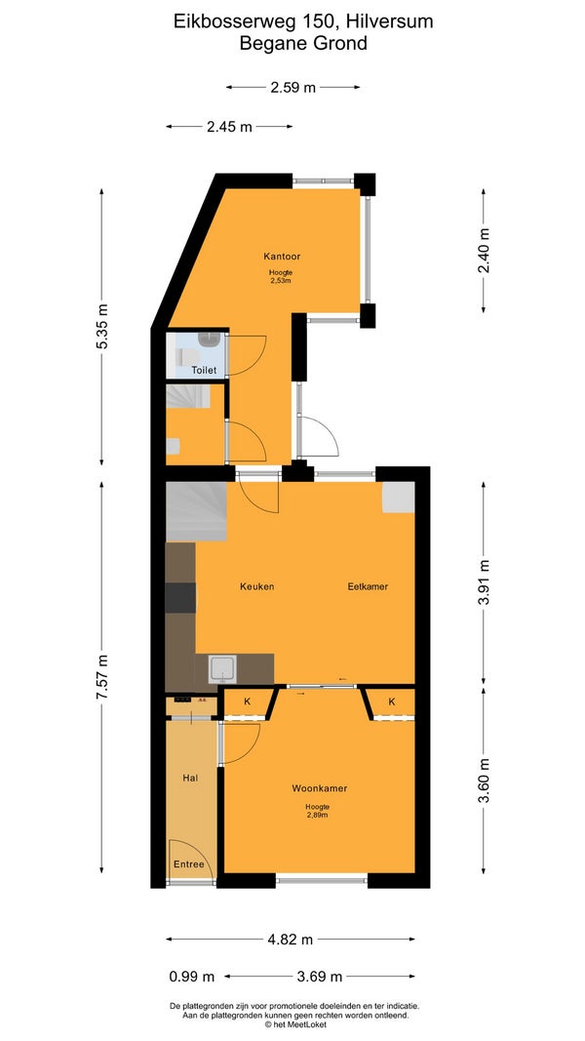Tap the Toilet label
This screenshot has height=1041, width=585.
click(x=204, y=371)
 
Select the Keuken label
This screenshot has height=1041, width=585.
click(x=257, y=586)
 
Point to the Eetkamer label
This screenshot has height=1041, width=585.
click(x=369, y=586)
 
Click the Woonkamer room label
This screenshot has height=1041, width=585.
click(x=320, y=788)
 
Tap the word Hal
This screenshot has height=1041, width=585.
click(x=190, y=778)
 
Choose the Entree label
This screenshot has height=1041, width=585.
click(x=188, y=864)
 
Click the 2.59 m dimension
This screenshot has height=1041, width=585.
click(x=293, y=87)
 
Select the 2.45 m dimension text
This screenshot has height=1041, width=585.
click(x=229, y=127)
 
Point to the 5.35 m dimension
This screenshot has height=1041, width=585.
click(x=101, y=327)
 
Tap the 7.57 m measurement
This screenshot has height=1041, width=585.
click(x=101, y=676)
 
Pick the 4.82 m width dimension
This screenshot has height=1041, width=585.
click(x=290, y=940)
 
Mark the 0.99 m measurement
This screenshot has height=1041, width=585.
click(x=192, y=976)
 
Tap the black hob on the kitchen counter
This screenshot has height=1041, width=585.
click(x=180, y=597)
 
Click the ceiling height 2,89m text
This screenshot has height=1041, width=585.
click(x=316, y=815)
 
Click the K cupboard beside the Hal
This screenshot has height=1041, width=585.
click(x=248, y=701)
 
